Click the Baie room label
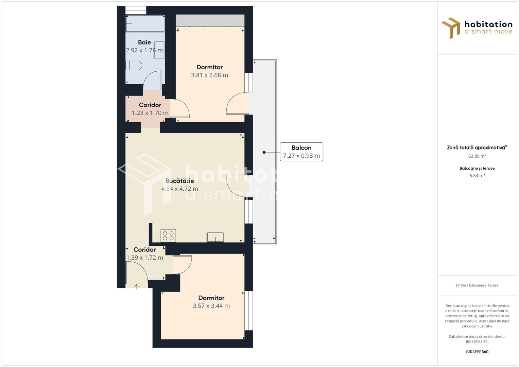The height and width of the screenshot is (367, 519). (x=144, y=42)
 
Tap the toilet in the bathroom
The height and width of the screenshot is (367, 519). (x=134, y=65)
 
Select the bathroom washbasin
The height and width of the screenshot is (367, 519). (x=159, y=50)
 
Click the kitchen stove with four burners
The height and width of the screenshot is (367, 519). (x=168, y=236)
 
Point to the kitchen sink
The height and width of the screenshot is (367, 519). (x=215, y=237)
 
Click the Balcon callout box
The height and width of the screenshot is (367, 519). (x=301, y=152)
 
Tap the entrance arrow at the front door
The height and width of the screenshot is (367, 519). (x=137, y=286)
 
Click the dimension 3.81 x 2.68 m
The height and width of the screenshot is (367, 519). (x=209, y=75)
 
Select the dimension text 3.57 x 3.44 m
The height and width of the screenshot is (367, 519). (x=211, y=306)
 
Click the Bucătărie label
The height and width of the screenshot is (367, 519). (x=179, y=181)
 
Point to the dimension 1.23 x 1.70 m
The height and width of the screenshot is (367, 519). (x=150, y=113)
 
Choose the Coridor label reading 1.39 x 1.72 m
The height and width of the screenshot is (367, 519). (x=144, y=250)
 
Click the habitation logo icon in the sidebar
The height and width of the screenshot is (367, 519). (x=451, y=28)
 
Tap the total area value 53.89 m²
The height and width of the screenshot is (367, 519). (x=477, y=156)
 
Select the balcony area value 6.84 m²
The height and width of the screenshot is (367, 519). (x=477, y=176)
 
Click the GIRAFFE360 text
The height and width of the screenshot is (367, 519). (x=477, y=352)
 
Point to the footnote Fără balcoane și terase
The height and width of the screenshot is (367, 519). (x=477, y=285)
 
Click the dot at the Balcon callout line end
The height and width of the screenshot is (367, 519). (x=264, y=152)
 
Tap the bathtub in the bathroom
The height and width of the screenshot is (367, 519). (x=145, y=23)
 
